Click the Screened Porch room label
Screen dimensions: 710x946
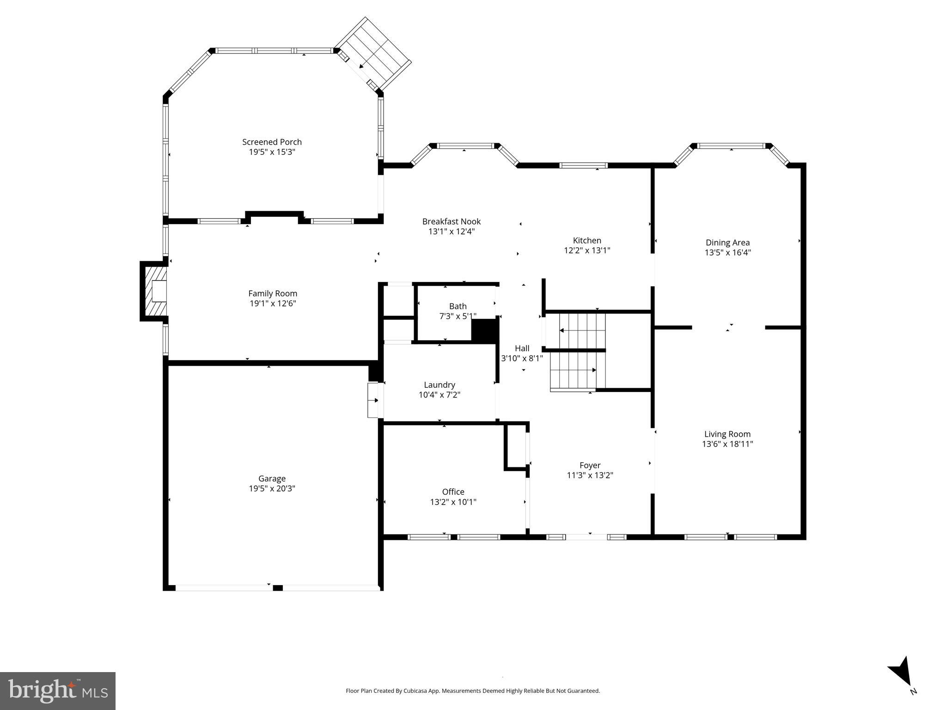(x=272, y=142)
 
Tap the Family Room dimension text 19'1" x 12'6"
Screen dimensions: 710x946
(x=273, y=304)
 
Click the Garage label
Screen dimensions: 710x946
(x=272, y=478)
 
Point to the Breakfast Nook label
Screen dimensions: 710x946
(x=451, y=221)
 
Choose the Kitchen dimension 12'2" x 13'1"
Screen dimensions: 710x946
(x=587, y=251)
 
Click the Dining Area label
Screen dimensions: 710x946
(x=727, y=242)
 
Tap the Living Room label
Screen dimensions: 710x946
(x=727, y=434)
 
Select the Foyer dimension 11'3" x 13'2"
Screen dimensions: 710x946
(x=590, y=475)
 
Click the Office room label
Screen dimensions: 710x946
(x=453, y=491)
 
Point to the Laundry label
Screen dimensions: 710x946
(x=439, y=385)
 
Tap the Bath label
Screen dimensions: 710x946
(x=458, y=306)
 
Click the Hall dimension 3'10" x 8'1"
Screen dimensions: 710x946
(x=522, y=358)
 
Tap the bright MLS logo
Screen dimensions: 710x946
(x=57, y=691)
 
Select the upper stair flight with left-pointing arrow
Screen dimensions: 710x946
(x=582, y=330)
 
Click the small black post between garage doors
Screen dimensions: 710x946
(x=277, y=588)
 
